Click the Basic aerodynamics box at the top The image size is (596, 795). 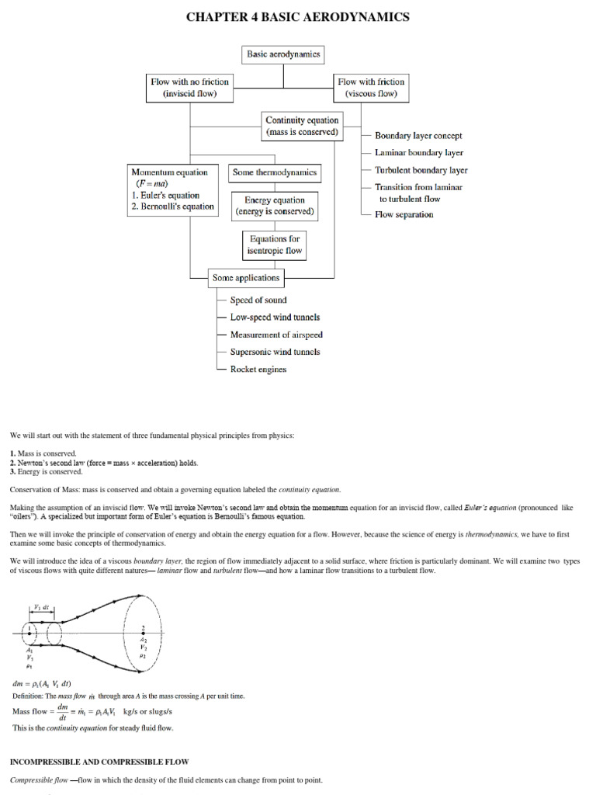click(283, 54)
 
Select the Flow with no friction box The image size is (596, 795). click(190, 88)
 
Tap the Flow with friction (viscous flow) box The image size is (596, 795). click(371, 88)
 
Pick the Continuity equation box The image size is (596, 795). click(302, 126)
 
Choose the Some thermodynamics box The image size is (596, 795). click(274, 173)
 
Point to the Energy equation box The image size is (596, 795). click(275, 206)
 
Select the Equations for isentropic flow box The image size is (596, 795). click(274, 245)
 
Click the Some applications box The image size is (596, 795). click(245, 277)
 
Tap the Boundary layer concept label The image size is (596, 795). click(418, 136)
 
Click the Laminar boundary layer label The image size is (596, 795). click(419, 153)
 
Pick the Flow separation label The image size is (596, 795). click(404, 214)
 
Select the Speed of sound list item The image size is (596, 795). click(258, 300)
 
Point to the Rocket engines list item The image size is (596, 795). click(258, 369)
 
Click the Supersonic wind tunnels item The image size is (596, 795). click(275, 352)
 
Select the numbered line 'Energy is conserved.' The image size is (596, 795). click(49, 471)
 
